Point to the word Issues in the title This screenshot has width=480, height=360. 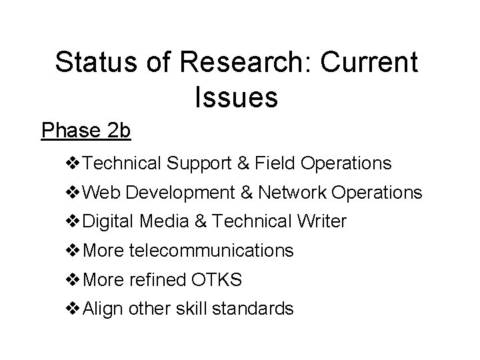pyautogui.click(x=237, y=97)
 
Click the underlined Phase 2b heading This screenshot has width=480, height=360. pyautogui.click(x=86, y=131)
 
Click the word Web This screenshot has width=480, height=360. pyautogui.click(x=102, y=193)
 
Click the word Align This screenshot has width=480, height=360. pyautogui.click(x=101, y=309)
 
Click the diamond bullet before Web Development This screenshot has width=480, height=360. pyautogui.click(x=73, y=193)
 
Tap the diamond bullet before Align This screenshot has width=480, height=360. pyautogui.click(x=73, y=309)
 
